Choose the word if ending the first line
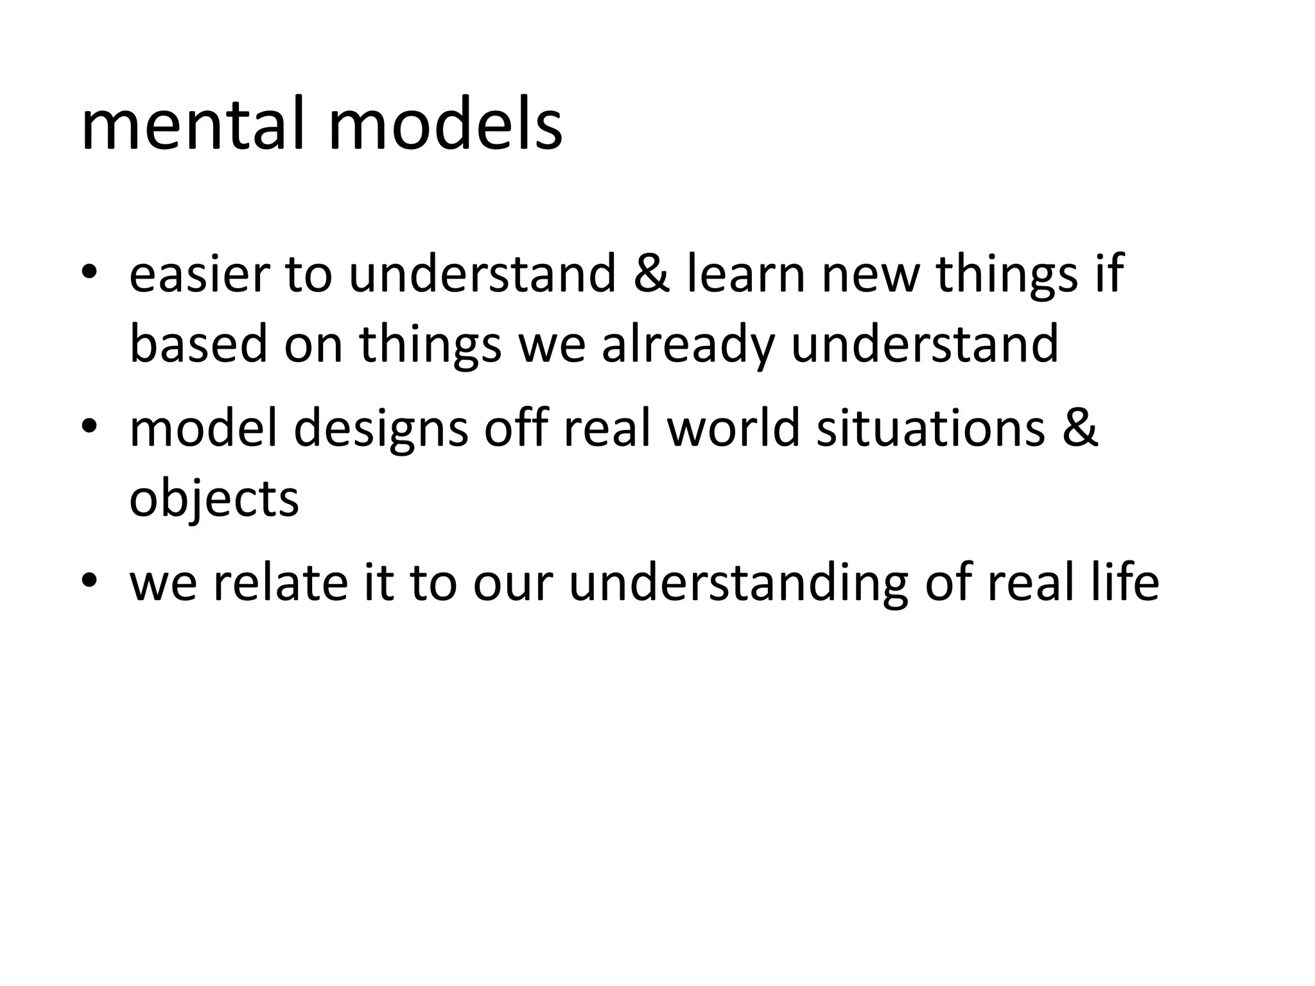(x=1110, y=274)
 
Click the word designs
(x=381, y=430)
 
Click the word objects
(x=214, y=499)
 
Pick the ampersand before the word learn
(x=652, y=274)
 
